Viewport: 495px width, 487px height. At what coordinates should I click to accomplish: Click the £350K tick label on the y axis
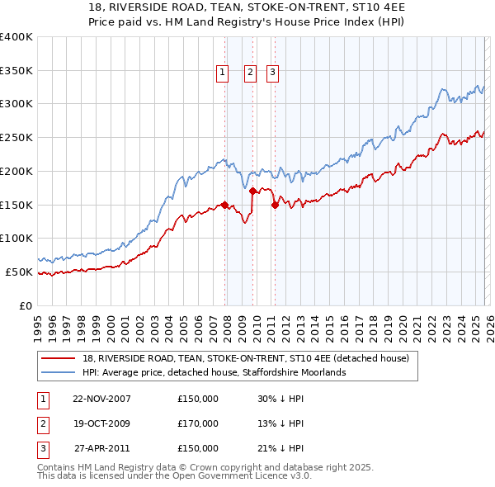click(16, 71)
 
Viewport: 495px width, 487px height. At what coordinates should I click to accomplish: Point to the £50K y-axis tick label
click(19, 272)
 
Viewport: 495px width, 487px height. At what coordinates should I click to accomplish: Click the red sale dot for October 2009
click(252, 191)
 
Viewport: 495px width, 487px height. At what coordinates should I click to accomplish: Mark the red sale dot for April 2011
click(275, 206)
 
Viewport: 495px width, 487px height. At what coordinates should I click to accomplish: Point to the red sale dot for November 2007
click(224, 206)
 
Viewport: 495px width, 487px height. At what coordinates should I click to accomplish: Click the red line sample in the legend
click(59, 358)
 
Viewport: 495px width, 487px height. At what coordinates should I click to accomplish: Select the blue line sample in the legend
click(59, 372)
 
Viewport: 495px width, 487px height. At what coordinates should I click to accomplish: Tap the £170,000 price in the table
click(198, 424)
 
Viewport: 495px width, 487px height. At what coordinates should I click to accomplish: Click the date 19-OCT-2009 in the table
click(101, 424)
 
